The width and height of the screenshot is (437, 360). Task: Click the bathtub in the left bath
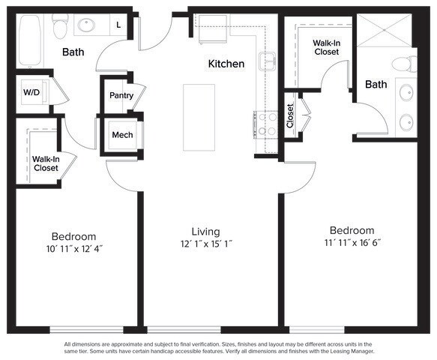coord(30,40)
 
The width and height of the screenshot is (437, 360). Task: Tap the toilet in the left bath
coord(60,26)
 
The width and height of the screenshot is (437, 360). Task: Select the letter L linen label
coord(118,25)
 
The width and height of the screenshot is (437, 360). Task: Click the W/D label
coord(31,92)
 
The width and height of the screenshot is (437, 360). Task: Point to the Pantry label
coord(121,96)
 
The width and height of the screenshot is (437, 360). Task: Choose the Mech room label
coord(122,135)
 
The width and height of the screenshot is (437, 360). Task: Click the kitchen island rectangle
coord(199,118)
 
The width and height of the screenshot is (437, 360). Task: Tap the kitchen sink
coord(268,61)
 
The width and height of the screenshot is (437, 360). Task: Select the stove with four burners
coord(266,124)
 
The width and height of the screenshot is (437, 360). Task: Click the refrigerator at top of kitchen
coord(212,29)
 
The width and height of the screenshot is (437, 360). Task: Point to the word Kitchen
coord(226,64)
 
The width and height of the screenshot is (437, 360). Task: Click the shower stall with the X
coord(384,30)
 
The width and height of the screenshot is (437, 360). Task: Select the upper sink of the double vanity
coord(406,92)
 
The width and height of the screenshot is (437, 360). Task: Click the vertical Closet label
coord(290,116)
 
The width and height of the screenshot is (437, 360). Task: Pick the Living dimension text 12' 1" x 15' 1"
coord(207,244)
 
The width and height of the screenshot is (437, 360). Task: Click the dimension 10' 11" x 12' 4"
coord(74,248)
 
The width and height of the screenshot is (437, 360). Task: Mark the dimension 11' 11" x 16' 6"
coord(352,242)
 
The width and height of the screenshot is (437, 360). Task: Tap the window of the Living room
coord(184,330)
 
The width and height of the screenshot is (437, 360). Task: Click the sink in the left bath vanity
coord(86,25)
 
